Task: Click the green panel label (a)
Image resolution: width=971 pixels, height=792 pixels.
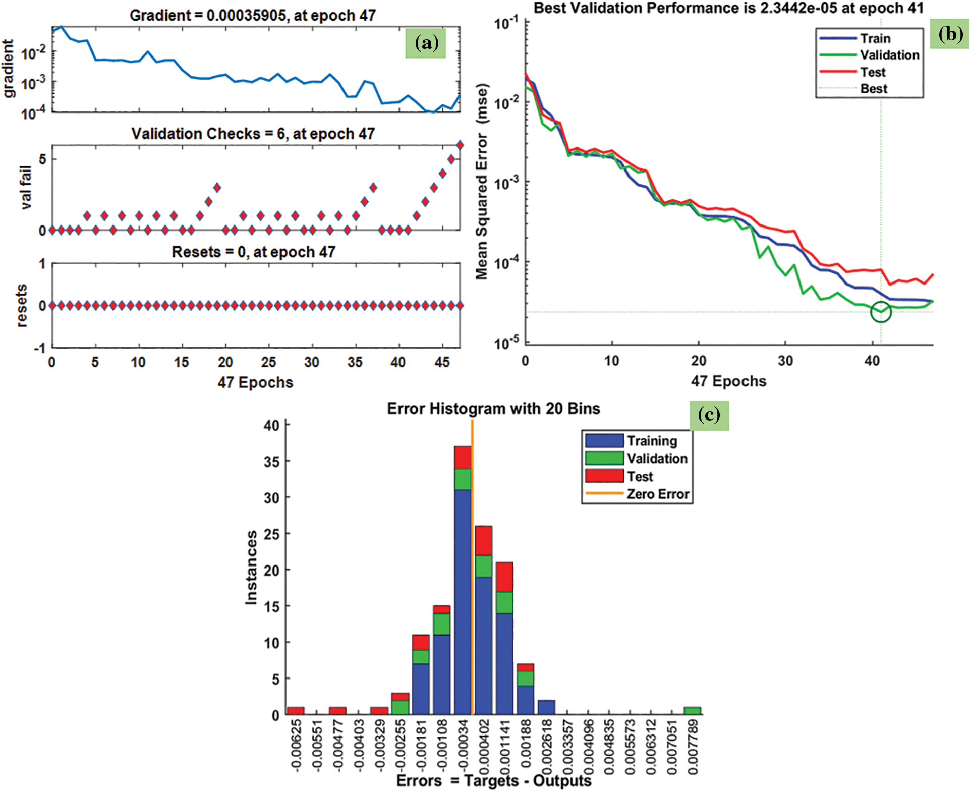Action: click(x=426, y=43)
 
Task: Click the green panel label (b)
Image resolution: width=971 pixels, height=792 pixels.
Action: click(x=950, y=34)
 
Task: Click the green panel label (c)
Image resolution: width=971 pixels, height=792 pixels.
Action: click(x=709, y=415)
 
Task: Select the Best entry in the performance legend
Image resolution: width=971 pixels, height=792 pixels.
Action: click(x=873, y=89)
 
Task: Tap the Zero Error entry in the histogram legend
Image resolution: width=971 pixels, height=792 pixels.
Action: click(x=657, y=494)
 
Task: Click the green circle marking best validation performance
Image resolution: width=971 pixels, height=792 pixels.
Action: click(x=881, y=312)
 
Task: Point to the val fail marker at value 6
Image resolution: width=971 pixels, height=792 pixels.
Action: click(x=460, y=145)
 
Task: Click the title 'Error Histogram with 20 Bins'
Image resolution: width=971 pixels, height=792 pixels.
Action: click(x=493, y=409)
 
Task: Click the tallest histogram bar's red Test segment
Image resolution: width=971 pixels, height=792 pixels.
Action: click(x=463, y=458)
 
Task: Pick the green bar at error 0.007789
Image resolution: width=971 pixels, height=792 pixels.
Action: click(x=693, y=711)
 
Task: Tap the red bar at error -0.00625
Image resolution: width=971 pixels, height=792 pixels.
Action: click(x=296, y=711)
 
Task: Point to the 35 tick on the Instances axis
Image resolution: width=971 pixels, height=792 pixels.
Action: click(x=272, y=462)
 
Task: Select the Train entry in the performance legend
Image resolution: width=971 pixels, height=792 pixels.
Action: click(x=875, y=39)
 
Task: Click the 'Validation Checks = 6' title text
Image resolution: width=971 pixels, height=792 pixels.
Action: click(x=253, y=134)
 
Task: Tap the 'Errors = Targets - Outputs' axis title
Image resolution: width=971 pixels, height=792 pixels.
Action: click(x=493, y=781)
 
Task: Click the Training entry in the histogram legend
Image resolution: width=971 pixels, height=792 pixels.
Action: click(x=652, y=441)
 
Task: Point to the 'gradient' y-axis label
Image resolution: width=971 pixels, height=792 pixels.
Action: click(x=9, y=69)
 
